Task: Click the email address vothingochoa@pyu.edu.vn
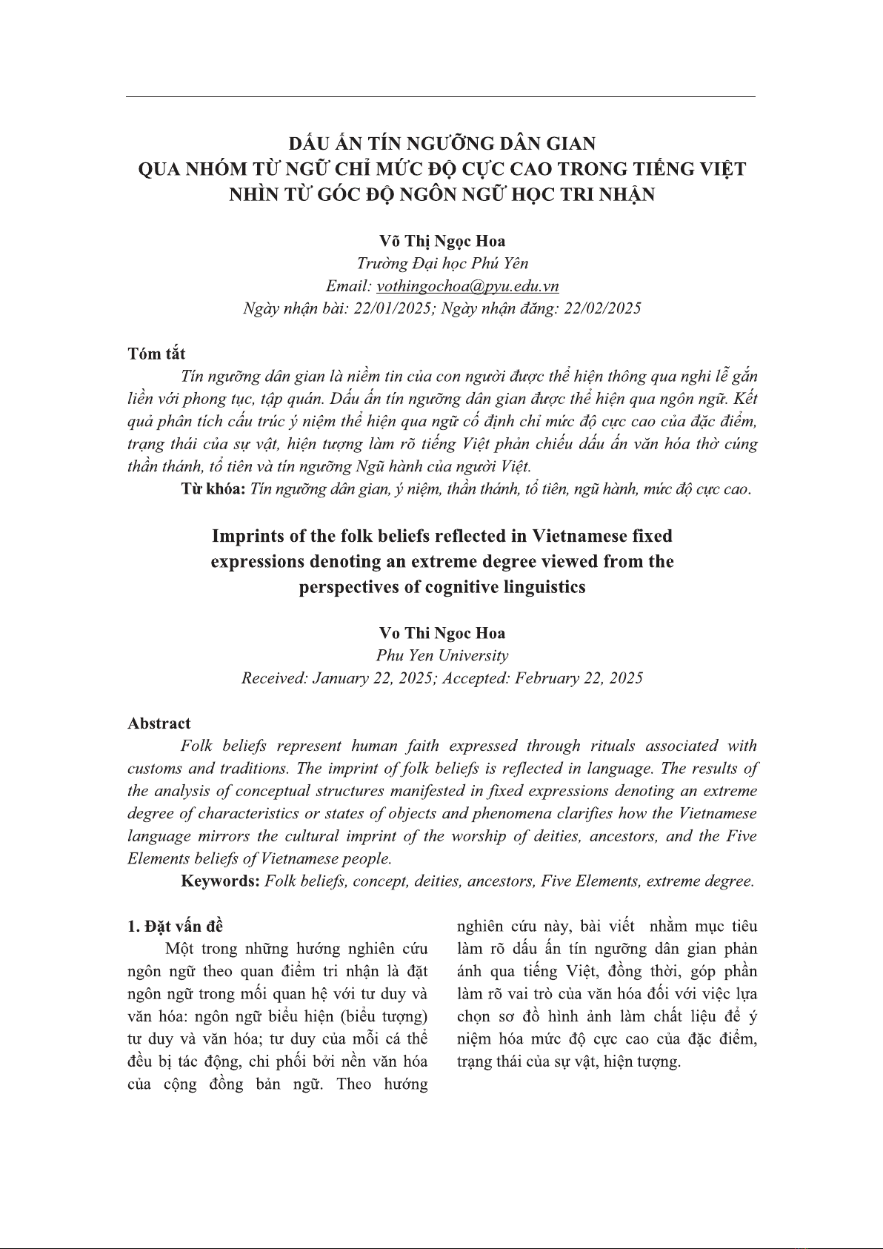[x=467, y=286]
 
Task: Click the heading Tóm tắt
[x=156, y=354]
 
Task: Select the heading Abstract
[x=159, y=723]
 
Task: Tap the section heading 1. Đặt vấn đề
[x=175, y=926]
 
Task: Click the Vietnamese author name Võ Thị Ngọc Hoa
[x=442, y=241]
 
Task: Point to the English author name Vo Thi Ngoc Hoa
[x=442, y=633]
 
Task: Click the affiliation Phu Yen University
[x=442, y=655]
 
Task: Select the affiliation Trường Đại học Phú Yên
[x=442, y=263]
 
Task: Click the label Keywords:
[x=220, y=881]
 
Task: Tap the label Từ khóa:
[x=213, y=489]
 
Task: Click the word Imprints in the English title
[x=245, y=535]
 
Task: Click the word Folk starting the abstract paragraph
[x=196, y=746]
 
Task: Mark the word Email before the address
[x=346, y=286]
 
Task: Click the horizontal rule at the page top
[x=441, y=97]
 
